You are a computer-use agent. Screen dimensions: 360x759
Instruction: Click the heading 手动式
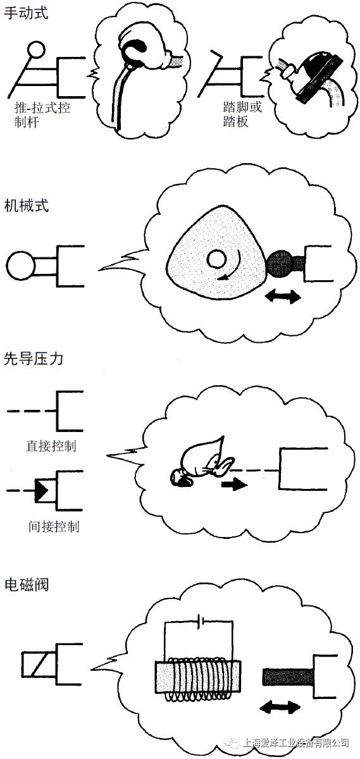pos(26,13)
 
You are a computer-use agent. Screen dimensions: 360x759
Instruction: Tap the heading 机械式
pos(27,206)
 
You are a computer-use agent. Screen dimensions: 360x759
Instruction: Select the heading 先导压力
pos(34,359)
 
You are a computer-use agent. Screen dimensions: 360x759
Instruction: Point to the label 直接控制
pos(51,446)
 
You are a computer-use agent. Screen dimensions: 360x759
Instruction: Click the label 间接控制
pos(54,526)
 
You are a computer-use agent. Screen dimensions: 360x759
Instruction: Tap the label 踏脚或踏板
pos(242,114)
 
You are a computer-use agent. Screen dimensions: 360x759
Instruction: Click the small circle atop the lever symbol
pos(36,50)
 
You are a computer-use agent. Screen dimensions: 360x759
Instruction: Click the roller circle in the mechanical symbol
pos(20,265)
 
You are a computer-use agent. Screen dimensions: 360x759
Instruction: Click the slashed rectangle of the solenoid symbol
pos(39,665)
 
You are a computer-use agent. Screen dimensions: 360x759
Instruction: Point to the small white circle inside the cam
pos(216,259)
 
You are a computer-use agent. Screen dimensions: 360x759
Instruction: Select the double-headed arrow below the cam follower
pos(283,297)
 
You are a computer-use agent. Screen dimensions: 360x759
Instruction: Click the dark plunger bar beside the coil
pos(289,677)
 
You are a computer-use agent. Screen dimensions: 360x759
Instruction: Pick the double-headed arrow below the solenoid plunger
pos(280,707)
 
